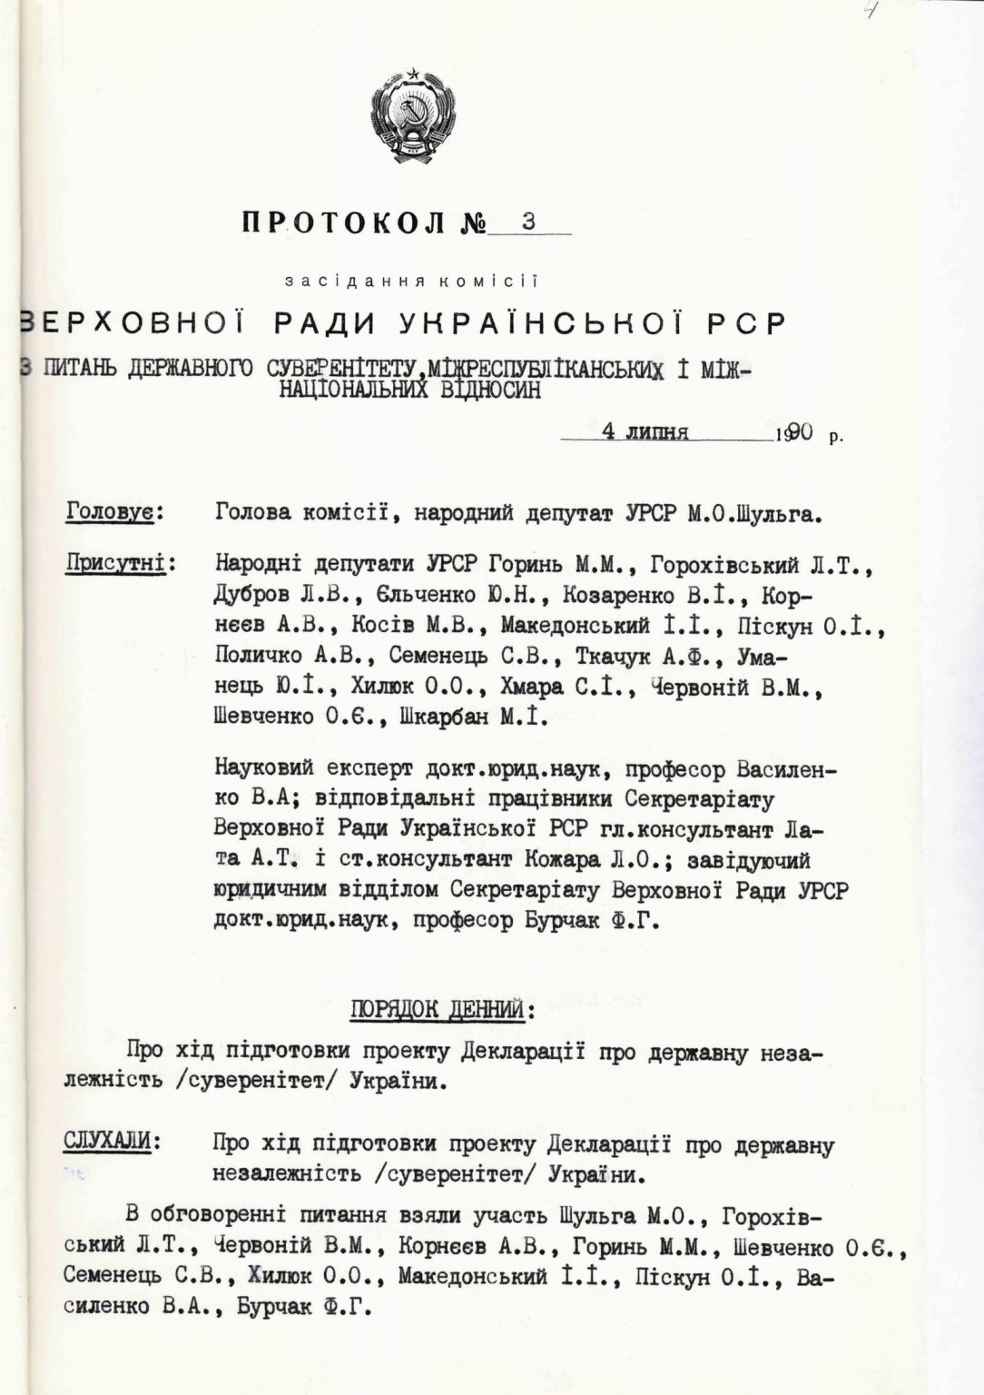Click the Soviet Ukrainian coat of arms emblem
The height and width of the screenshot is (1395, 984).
point(413,114)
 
